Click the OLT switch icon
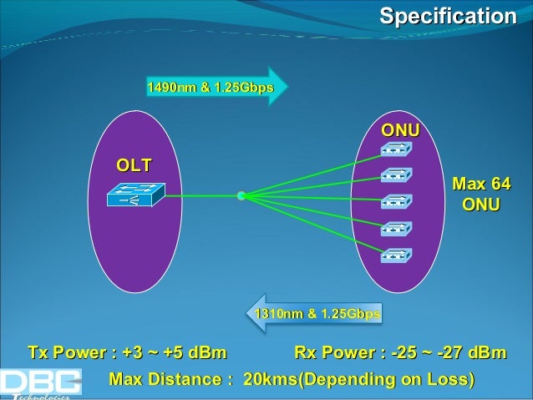(x=134, y=196)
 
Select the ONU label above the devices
(x=400, y=131)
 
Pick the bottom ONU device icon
(x=394, y=255)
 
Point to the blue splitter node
(x=241, y=197)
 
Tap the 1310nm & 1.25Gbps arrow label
(x=317, y=314)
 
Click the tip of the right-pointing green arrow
(x=286, y=86)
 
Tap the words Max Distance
(x=170, y=381)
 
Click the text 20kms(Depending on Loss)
(x=358, y=381)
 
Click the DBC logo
(x=40, y=383)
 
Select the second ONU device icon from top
(x=394, y=176)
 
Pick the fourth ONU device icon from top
(x=394, y=229)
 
